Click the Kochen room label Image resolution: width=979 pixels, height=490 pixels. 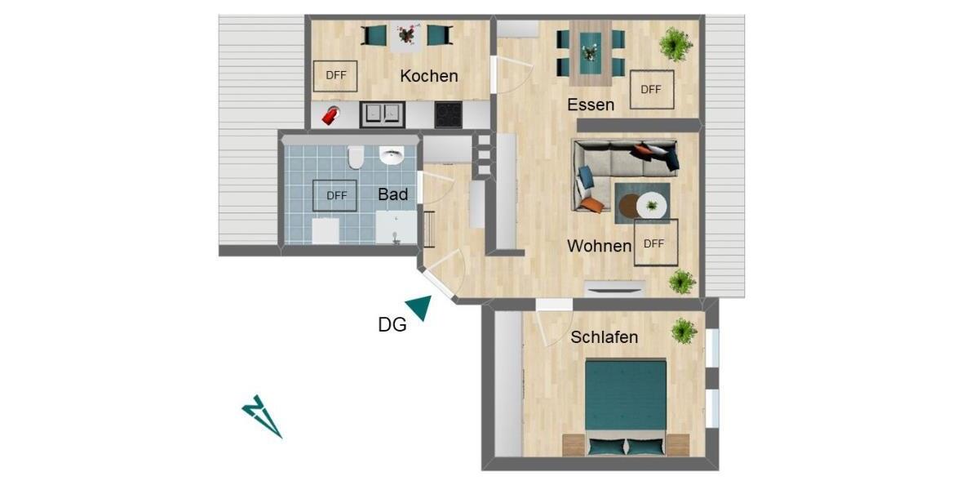pos(428,76)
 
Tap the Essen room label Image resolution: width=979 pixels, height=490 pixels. pos(591,104)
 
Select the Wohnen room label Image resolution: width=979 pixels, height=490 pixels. pos(600,245)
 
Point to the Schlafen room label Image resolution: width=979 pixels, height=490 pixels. pos(604,336)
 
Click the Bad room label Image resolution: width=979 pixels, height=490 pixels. pos(392,194)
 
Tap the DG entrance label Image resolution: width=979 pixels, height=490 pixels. pos(392,324)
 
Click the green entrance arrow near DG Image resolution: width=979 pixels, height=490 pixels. pos(420,307)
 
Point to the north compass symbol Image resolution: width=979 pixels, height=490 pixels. pos(261,416)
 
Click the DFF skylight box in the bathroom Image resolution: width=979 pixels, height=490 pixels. pos(336,195)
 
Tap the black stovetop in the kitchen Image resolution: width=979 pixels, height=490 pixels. pos(448,114)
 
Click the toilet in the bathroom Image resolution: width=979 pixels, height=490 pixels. pos(356,157)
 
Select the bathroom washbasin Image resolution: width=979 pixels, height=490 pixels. pos(392,155)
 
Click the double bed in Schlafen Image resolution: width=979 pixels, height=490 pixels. pos(627,404)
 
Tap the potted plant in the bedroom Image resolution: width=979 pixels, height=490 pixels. pos(684,331)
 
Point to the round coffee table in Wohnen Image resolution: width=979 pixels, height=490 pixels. pos(651,205)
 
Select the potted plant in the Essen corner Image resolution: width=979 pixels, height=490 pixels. pos(676,43)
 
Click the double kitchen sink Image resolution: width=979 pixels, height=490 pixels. pos(381,114)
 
